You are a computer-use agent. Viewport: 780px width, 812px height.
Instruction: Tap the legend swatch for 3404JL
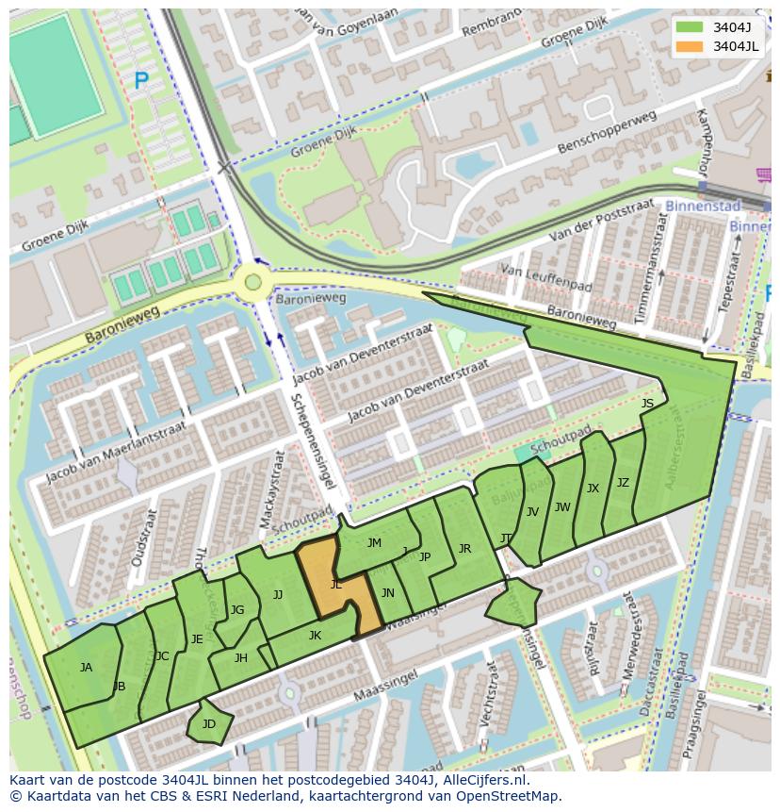click(x=690, y=46)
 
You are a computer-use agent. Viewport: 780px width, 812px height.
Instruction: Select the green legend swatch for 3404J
click(x=690, y=26)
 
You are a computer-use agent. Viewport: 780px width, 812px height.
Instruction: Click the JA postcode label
click(x=86, y=668)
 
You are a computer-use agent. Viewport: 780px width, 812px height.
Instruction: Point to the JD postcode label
click(x=209, y=724)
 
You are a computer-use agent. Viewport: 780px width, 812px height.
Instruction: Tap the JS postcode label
click(x=647, y=404)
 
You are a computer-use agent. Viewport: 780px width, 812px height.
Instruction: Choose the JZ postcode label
click(x=623, y=483)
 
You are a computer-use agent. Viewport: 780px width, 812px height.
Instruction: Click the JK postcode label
click(x=315, y=636)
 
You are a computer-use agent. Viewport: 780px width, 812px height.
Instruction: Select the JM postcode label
click(x=374, y=543)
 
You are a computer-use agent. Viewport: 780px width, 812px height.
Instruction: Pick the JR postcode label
click(x=464, y=549)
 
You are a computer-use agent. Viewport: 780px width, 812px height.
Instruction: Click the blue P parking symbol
click(x=141, y=82)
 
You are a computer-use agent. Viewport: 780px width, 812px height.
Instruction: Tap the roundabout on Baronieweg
click(x=252, y=281)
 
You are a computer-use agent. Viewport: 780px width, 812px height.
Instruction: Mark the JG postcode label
click(x=237, y=610)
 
